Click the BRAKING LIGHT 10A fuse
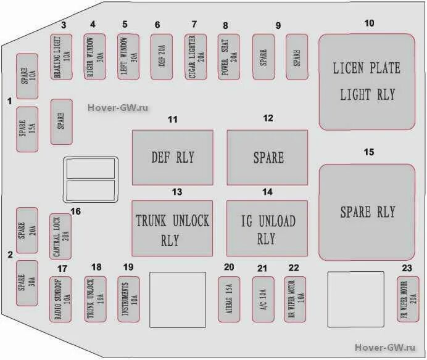(61, 56)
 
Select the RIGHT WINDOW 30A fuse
(94, 56)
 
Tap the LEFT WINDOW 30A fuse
(128, 56)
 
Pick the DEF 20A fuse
(161, 56)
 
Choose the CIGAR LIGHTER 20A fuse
(194, 56)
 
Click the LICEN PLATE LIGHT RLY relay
(367, 81)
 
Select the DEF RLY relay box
(173, 157)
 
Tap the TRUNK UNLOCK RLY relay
(173, 228)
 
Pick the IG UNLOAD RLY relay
(267, 228)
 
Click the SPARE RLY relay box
(367, 211)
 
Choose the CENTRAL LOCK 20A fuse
(60, 237)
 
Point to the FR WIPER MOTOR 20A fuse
(408, 299)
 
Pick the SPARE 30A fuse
(27, 282)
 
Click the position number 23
(406, 268)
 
